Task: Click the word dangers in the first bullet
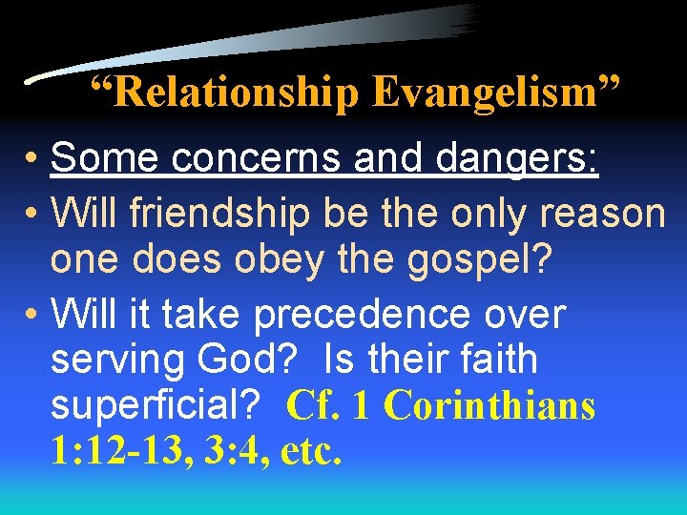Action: click(516, 158)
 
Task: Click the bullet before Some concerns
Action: click(32, 158)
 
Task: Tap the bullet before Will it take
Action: click(32, 315)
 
